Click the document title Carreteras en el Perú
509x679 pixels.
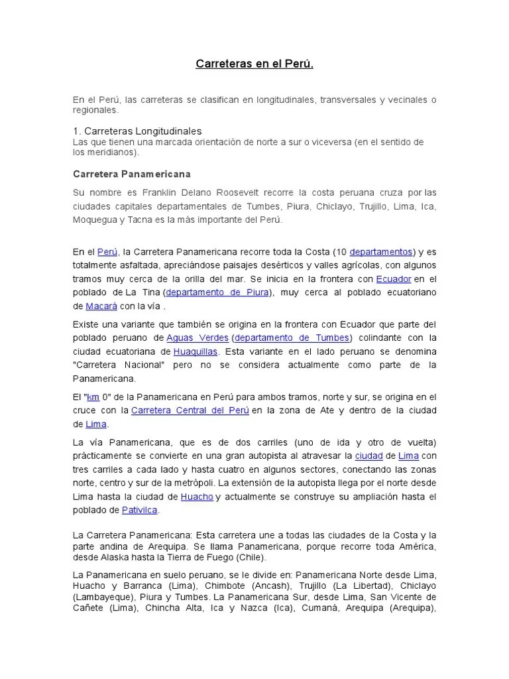(254, 64)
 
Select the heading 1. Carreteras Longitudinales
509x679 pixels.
(137, 131)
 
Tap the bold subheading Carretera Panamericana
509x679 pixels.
(131, 174)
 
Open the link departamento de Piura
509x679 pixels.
(218, 292)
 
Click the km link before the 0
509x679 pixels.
(93, 397)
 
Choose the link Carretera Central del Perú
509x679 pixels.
(190, 410)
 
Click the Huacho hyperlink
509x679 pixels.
(196, 496)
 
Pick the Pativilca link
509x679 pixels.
(141, 510)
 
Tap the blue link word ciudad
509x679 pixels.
(368, 456)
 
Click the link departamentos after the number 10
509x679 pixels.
(381, 252)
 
